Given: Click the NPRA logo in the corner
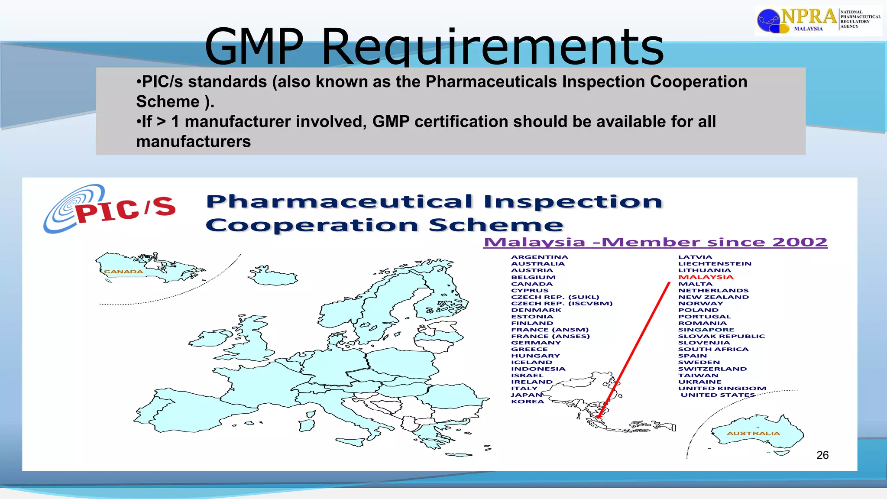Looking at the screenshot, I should [x=818, y=20].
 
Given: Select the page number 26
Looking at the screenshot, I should [x=822, y=455].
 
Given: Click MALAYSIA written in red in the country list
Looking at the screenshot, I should [x=706, y=277].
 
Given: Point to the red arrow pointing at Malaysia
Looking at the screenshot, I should [x=633, y=351].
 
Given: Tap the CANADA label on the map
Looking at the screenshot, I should [x=123, y=272].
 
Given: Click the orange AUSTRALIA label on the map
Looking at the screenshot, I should [x=753, y=433].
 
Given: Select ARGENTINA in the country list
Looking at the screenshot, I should [x=539, y=257].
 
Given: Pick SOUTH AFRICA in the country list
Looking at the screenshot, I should [x=713, y=349].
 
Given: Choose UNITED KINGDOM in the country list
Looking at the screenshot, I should [x=722, y=389].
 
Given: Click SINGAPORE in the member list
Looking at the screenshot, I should [x=706, y=330].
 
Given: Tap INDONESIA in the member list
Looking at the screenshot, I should [x=538, y=369].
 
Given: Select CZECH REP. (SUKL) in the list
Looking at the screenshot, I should [x=555, y=297].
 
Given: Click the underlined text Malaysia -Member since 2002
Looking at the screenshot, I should [x=655, y=242].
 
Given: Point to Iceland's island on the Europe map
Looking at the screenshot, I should [x=273, y=276].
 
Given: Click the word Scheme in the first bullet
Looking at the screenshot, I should [x=168, y=102].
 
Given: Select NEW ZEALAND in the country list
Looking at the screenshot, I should [x=713, y=297].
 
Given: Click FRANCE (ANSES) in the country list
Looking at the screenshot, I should [x=550, y=336].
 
